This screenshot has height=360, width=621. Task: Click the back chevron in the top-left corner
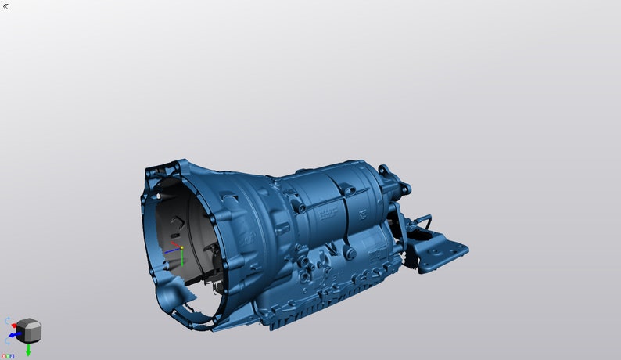click(6, 6)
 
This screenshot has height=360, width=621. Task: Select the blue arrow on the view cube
click(13, 335)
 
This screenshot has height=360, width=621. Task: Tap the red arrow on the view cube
click(15, 325)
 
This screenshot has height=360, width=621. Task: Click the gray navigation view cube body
click(29, 330)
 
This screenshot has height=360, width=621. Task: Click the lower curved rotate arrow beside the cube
click(8, 342)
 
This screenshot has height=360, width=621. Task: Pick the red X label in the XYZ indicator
click(3, 356)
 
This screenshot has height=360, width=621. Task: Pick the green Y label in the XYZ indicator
click(8, 356)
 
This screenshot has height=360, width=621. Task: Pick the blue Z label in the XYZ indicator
click(13, 356)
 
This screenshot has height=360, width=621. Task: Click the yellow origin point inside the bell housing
click(181, 248)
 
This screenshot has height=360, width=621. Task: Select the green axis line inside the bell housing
click(181, 258)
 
